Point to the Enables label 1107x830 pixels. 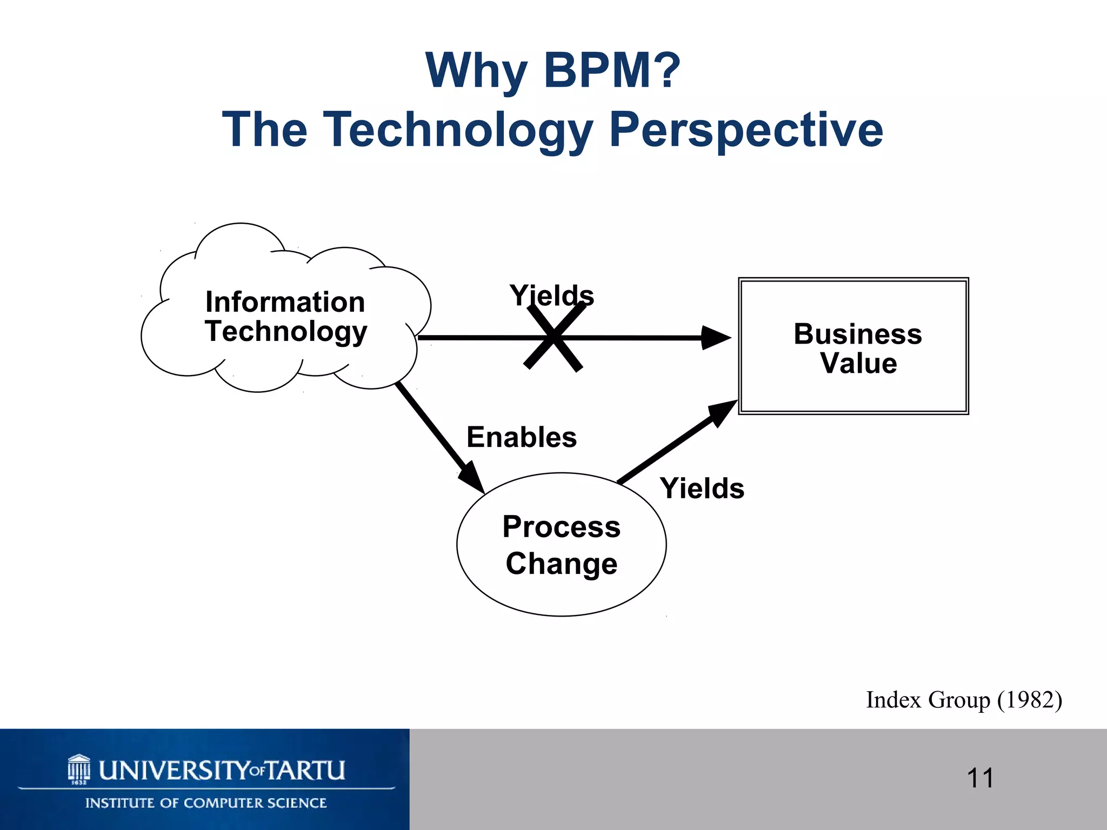[522, 437]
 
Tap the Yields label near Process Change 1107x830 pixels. [702, 488]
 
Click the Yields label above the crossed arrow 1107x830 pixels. [551, 295]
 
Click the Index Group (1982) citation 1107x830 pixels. [964, 700]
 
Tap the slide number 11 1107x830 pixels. [980, 779]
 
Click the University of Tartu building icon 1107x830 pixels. [79, 769]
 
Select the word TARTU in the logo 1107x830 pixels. [306, 771]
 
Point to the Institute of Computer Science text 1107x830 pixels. [206, 803]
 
